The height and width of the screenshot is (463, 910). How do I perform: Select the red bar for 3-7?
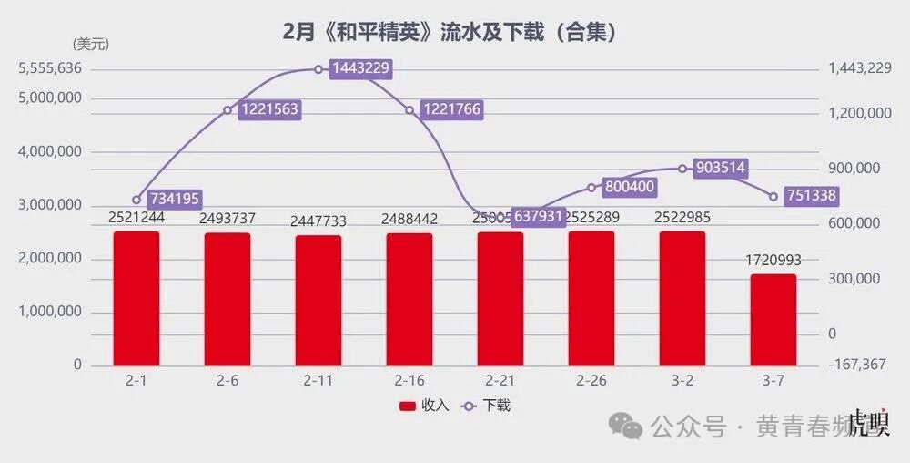pyautogui.click(x=773, y=319)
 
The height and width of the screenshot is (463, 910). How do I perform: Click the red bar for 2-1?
pyautogui.click(x=136, y=298)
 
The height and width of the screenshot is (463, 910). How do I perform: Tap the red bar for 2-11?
pyautogui.click(x=318, y=300)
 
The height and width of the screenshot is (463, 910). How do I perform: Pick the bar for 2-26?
pyautogui.click(x=591, y=298)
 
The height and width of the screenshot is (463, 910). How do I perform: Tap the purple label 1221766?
pyautogui.click(x=449, y=109)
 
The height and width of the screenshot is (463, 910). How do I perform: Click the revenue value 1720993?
pyautogui.click(x=773, y=261)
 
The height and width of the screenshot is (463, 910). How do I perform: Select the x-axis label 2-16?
pyautogui.click(x=409, y=380)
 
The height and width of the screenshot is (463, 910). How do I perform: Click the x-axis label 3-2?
pyautogui.click(x=682, y=380)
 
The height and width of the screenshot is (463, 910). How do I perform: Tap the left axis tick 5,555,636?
pyautogui.click(x=50, y=68)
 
